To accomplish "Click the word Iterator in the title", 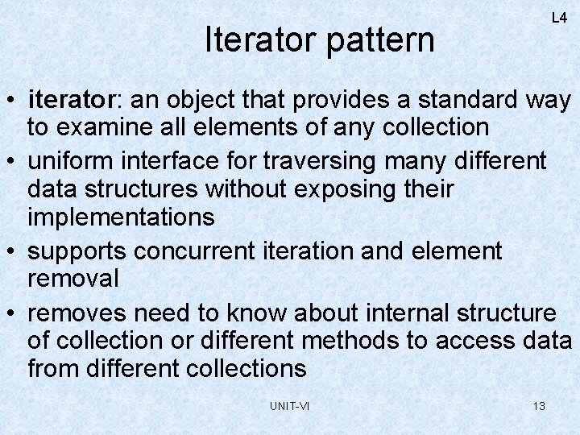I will pyautogui.click(x=261, y=39).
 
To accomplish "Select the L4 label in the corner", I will pyautogui.click(x=558, y=18).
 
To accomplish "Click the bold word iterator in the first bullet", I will pyautogui.click(x=72, y=101).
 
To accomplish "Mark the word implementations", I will pyautogui.click(x=121, y=217).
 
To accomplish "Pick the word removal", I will pyautogui.click(x=73, y=278).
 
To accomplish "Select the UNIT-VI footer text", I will pyautogui.click(x=289, y=406).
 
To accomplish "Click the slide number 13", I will pyautogui.click(x=539, y=406).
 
